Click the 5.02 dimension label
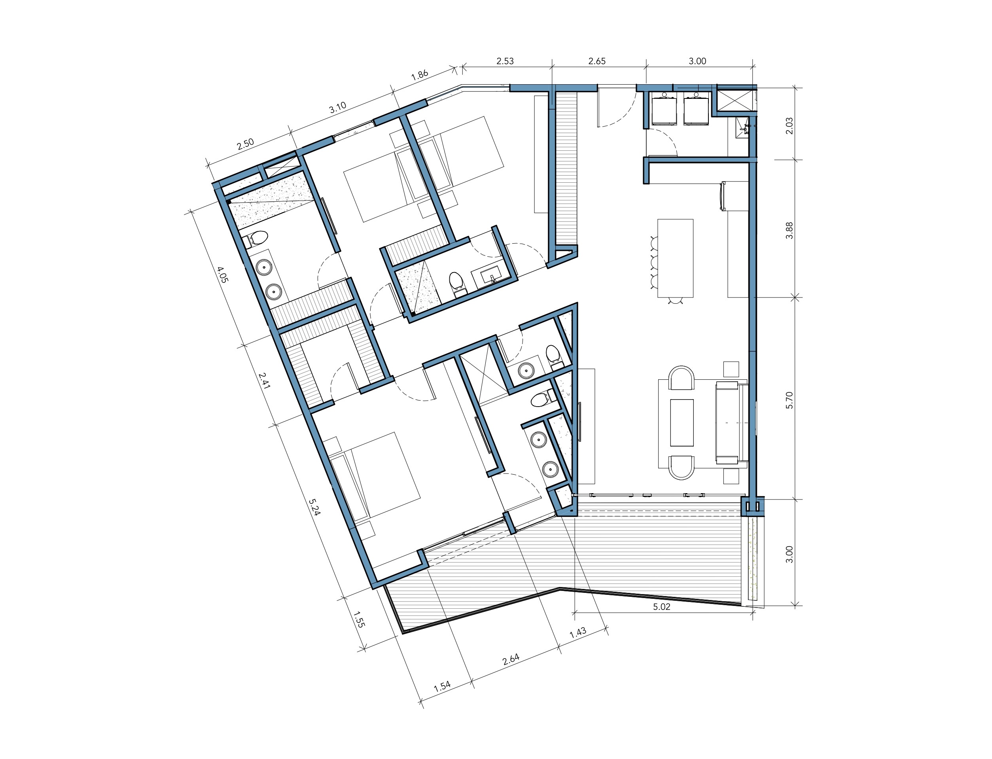661,607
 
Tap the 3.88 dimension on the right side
789,231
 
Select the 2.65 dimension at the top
597,61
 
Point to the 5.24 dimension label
314,507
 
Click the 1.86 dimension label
419,75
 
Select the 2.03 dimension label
789,126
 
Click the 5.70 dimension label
789,400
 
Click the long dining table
675,258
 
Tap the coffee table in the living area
682,422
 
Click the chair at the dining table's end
675,301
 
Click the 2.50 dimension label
245,144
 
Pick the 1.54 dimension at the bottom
442,686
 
